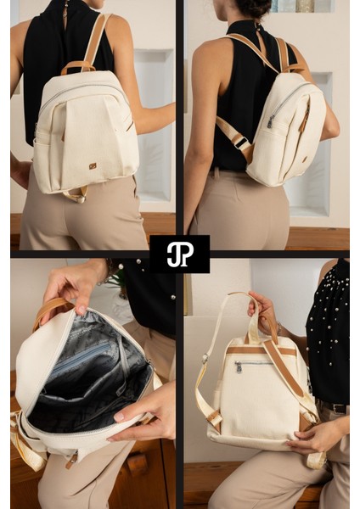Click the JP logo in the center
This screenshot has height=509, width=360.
(179, 254)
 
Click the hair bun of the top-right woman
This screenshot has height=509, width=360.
(254, 7)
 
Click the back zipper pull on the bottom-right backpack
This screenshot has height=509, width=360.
(239, 367)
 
